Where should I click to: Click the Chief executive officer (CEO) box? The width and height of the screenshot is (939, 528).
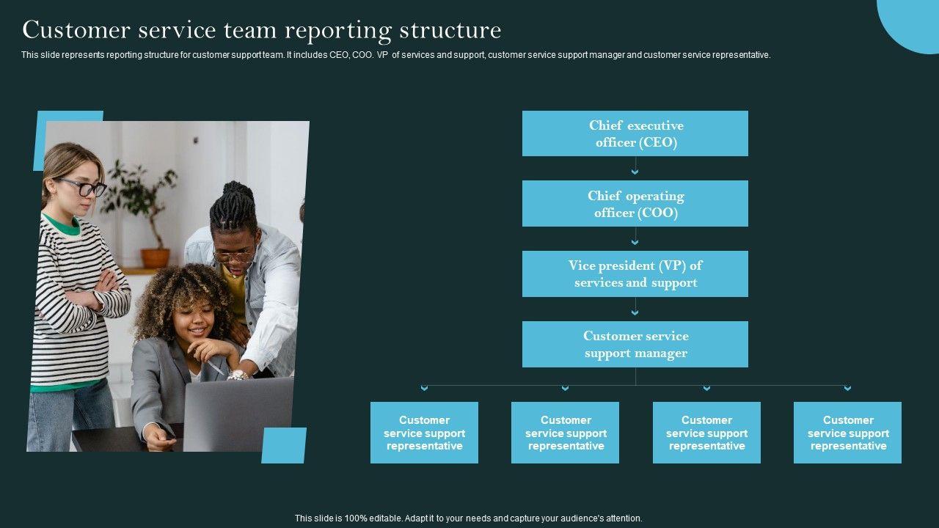pyautogui.click(x=635, y=133)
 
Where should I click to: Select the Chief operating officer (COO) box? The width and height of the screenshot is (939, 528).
pyautogui.click(x=635, y=204)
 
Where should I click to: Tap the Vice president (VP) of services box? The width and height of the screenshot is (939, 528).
pyautogui.click(x=635, y=274)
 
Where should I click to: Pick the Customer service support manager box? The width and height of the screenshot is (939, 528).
pyautogui.click(x=635, y=344)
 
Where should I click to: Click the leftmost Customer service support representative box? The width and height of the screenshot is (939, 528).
pyautogui.click(x=424, y=433)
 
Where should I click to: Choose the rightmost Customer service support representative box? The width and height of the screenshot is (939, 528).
pyautogui.click(x=847, y=433)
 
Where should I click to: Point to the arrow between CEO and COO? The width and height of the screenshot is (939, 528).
pyautogui.click(x=635, y=170)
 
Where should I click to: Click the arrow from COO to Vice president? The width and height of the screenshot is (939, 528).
pyautogui.click(x=635, y=240)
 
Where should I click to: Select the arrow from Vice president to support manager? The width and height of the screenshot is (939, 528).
pyautogui.click(x=635, y=310)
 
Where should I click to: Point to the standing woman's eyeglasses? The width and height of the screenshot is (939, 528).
pyautogui.click(x=86, y=188)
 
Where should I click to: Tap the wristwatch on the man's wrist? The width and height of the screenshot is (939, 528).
pyautogui.click(x=237, y=375)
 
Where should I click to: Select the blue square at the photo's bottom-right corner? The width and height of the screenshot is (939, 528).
pyautogui.click(x=284, y=445)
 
